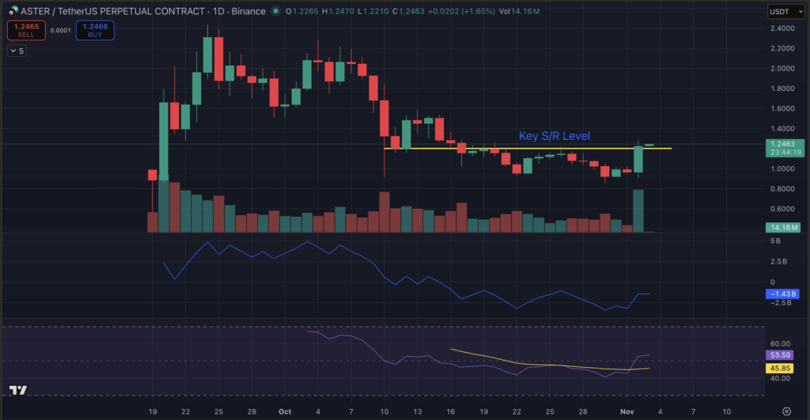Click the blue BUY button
click(95, 31)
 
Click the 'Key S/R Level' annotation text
click(554, 136)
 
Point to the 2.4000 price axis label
click(783, 28)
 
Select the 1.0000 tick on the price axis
click(783, 168)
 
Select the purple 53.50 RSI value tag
click(782, 356)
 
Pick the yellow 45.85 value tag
click(782, 368)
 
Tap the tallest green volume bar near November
click(638, 210)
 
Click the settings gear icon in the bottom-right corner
click(785, 412)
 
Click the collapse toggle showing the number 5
click(17, 51)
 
